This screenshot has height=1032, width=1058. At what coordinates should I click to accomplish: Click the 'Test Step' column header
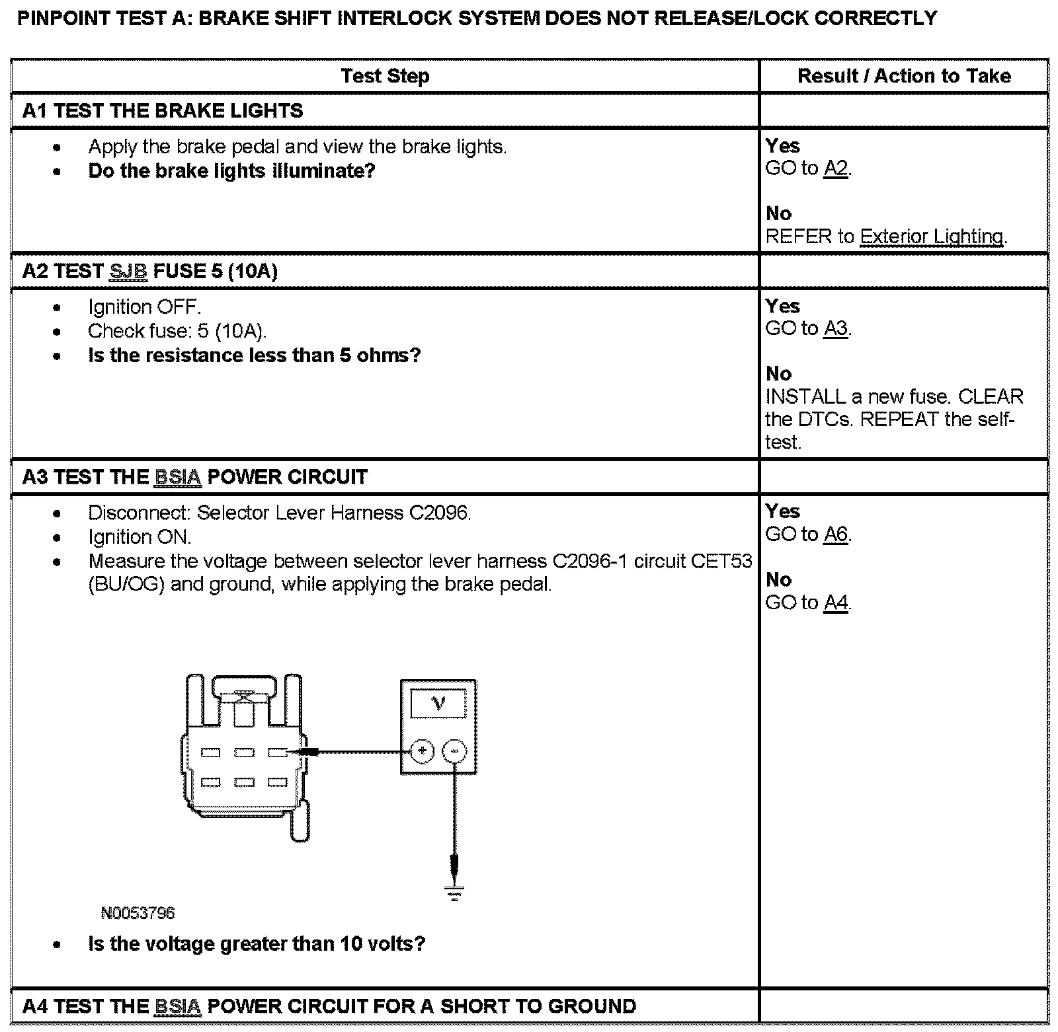pos(385,76)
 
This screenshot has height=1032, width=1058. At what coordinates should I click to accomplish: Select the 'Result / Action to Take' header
pos(903,76)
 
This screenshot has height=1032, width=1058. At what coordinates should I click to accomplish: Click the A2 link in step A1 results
pos(836,168)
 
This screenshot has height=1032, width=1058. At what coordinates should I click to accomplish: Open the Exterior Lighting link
pos(931,237)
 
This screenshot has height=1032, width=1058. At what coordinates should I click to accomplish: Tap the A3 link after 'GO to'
pos(836,328)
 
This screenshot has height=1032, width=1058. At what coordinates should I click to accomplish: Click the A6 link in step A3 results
pos(836,534)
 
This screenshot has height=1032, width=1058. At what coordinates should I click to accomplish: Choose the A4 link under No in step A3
pos(836,603)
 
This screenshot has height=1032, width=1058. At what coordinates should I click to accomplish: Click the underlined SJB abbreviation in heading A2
pos(128,272)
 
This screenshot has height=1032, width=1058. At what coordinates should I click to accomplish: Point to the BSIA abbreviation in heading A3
pos(177,477)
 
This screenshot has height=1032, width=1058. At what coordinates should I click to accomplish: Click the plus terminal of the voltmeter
pos(422,751)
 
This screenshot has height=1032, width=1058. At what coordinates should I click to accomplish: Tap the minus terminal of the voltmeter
pos(454,751)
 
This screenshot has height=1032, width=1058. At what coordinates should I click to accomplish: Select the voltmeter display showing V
pos(438,703)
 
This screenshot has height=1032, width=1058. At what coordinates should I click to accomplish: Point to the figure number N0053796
pos(138,913)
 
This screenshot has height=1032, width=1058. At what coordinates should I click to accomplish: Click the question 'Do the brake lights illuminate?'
pos(231,171)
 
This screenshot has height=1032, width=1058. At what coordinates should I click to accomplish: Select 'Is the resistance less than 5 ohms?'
pos(254,355)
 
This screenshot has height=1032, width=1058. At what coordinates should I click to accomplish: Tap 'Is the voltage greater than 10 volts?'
pos(257,943)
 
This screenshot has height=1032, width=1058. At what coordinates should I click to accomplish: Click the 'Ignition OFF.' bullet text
pos(144,307)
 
